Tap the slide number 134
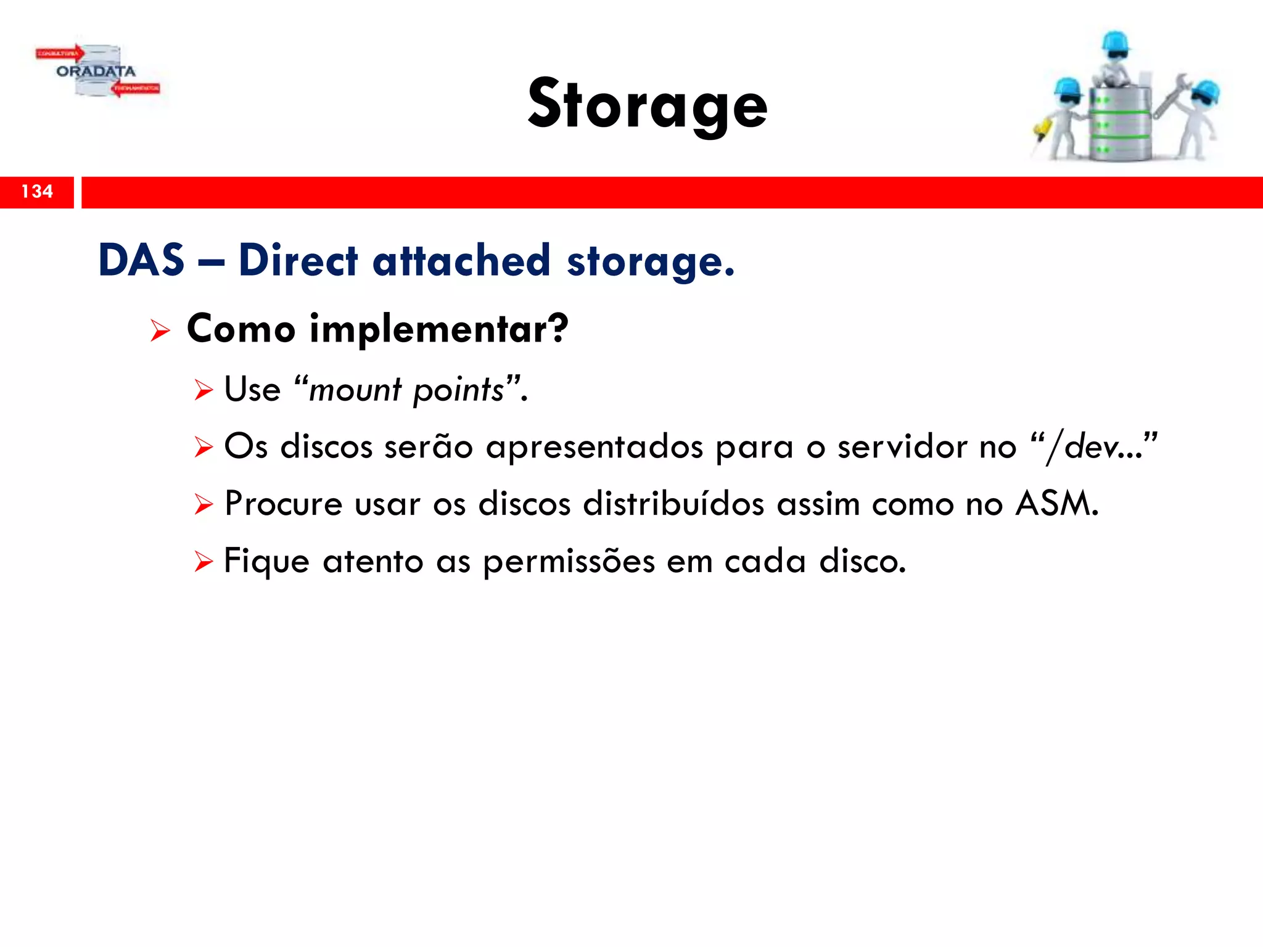[x=37, y=192]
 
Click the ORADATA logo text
[x=96, y=72]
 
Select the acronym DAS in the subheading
[x=141, y=260]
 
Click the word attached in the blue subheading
[x=461, y=260]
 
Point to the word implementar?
[x=438, y=329]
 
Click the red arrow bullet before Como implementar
[x=160, y=331]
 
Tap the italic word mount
[x=355, y=390]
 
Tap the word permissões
[x=569, y=562]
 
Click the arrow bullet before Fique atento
[x=203, y=562]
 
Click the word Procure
[x=283, y=503]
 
